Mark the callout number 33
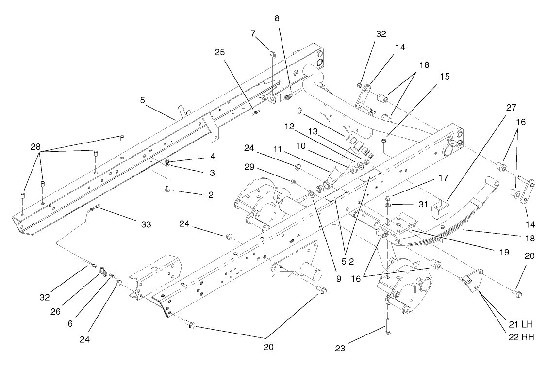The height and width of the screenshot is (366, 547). coord(145,224)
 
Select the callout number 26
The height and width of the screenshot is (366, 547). coord(55,312)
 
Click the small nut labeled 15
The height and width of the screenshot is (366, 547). coord(384,141)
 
